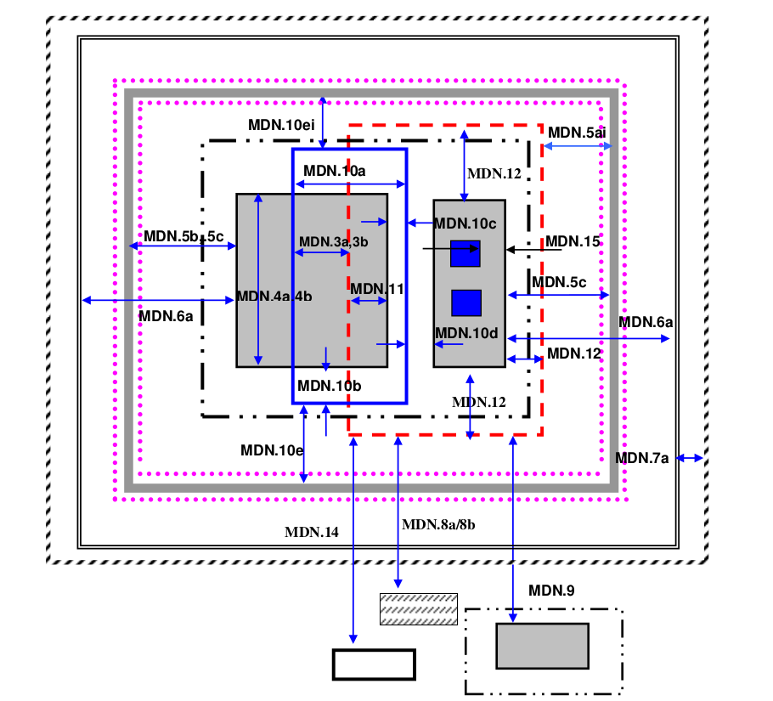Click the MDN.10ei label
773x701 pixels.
click(x=281, y=125)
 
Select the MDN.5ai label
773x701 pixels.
click(x=576, y=133)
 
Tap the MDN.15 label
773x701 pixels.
click(x=573, y=241)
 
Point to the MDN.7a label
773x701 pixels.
click(x=641, y=459)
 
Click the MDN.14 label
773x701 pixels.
click(x=311, y=533)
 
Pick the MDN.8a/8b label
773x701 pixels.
click(x=438, y=524)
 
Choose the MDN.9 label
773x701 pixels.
click(x=551, y=590)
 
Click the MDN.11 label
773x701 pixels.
click(x=377, y=289)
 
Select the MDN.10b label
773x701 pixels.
click(x=329, y=386)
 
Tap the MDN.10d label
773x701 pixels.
click(x=465, y=333)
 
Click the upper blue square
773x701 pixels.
click(x=465, y=254)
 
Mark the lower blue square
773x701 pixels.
click(x=466, y=303)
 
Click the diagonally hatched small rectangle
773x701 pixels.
click(x=418, y=609)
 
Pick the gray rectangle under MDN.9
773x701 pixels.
click(x=542, y=646)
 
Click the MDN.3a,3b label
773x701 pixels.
click(x=333, y=242)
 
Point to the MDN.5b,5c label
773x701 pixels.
click(x=183, y=236)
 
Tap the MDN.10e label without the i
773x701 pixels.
click(x=272, y=450)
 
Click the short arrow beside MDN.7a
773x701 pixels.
click(x=690, y=459)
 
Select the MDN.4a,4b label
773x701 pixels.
click(x=274, y=297)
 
